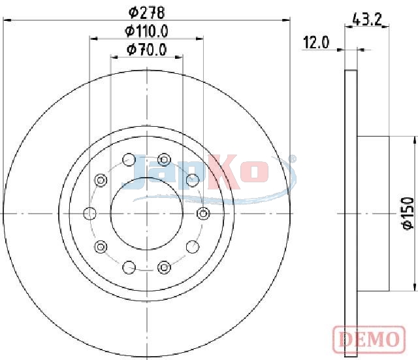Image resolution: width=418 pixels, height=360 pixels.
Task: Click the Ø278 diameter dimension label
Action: click(x=146, y=12)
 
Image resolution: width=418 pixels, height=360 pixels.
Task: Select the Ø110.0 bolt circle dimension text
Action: click(x=146, y=31)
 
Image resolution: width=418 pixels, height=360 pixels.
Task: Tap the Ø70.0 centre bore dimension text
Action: click(x=146, y=50)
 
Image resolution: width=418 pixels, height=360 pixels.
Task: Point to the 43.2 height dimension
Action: click(x=367, y=19)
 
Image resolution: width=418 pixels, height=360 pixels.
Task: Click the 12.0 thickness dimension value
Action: click(x=316, y=42)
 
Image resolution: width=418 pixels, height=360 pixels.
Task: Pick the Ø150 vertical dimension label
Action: click(x=408, y=213)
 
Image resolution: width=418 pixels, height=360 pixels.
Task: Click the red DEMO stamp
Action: click(x=369, y=339)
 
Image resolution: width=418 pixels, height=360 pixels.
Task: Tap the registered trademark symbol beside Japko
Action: click(x=293, y=159)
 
